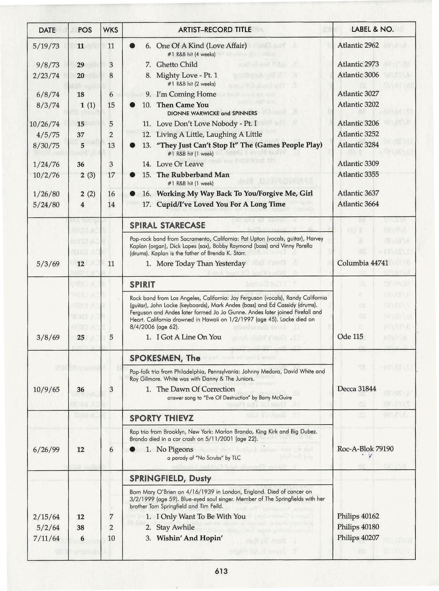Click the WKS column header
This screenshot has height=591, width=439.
point(110,30)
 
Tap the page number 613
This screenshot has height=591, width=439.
point(221,571)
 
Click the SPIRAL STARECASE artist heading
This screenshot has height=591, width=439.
point(167,225)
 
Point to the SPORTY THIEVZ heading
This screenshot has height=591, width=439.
point(162,418)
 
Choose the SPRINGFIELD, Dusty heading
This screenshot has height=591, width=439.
point(170,478)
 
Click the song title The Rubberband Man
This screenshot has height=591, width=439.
point(193,175)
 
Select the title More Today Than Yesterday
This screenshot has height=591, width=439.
point(201,264)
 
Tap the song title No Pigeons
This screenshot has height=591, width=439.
point(175,449)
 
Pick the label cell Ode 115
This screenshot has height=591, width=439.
point(350,337)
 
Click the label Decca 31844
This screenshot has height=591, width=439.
point(357,389)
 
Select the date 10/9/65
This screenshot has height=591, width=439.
point(47,389)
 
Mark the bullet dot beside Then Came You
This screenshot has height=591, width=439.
point(132,105)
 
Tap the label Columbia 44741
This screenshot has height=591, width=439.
point(362,263)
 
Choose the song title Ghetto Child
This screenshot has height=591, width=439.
point(177,65)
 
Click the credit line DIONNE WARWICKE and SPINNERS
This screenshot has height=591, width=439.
point(212,113)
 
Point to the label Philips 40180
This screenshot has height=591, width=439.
point(358,527)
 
